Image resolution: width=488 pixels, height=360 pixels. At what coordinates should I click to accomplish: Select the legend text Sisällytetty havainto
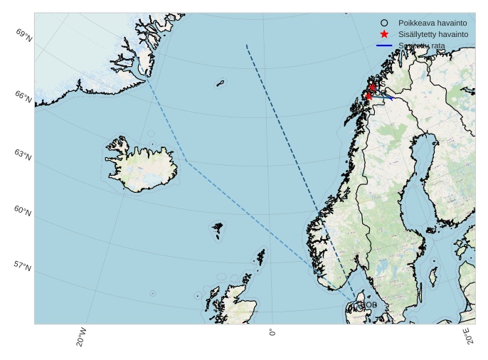pyautogui.click(x=433, y=34)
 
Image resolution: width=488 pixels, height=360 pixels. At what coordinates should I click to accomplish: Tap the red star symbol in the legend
pyautogui.click(x=384, y=34)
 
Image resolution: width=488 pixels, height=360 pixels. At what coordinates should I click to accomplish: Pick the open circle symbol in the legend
pyautogui.click(x=384, y=23)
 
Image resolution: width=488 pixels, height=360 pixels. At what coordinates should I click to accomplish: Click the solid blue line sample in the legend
pyautogui.click(x=384, y=46)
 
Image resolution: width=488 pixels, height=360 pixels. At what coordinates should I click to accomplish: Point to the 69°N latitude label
pyautogui.click(x=23, y=33)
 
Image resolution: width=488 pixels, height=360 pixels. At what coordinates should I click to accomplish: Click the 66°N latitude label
pyautogui.click(x=23, y=97)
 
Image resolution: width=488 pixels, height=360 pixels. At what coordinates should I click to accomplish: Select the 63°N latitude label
pyautogui.click(x=23, y=154)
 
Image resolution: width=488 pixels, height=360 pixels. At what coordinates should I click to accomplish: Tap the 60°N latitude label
pyautogui.click(x=23, y=211)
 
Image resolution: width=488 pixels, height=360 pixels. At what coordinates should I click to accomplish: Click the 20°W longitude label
pyautogui.click(x=82, y=337)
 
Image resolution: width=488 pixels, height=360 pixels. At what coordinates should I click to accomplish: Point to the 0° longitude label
pyautogui.click(x=272, y=332)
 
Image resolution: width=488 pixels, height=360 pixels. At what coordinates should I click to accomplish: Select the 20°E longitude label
pyautogui.click(x=467, y=336)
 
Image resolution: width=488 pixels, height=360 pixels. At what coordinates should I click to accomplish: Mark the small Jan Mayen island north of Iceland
pyautogui.click(x=221, y=83)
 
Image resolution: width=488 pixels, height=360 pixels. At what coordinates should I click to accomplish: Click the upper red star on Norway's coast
pyautogui.click(x=373, y=87)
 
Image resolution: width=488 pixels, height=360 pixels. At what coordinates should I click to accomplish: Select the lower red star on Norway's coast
pyautogui.click(x=368, y=96)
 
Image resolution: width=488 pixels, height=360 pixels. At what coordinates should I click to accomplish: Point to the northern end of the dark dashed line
pyautogui.click(x=246, y=45)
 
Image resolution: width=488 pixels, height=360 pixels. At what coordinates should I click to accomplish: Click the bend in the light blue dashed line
pyautogui.click(x=187, y=162)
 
